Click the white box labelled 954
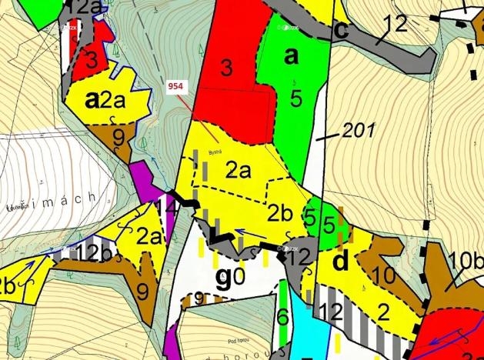tap(175, 88)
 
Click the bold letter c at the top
tap(342, 32)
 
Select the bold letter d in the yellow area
tap(341, 262)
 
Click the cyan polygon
tap(305, 331)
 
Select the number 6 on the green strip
tap(282, 315)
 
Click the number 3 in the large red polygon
tap(226, 68)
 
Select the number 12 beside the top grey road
tap(394, 25)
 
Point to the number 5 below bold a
tap(295, 97)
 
